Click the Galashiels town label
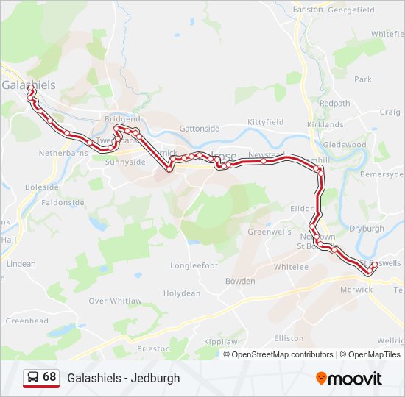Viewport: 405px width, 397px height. pos(29,85)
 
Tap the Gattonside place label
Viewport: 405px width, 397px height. pos(200,128)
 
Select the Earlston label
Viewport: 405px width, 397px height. pos(308,10)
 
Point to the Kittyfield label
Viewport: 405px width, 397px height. pos(266,122)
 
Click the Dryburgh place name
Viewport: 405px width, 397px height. pos(367,229)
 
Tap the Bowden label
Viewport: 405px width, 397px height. pos(240,281)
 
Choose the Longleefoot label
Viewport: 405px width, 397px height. pos(194,265)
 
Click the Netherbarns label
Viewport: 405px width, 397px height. pos(63,154)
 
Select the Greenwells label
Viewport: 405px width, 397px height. pos(270,232)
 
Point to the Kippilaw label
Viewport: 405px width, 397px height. pos(220,342)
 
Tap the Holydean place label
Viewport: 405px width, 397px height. pos(181,293)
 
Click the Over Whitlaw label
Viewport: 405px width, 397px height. pos(115,301)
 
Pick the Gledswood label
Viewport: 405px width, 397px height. pos(345,145)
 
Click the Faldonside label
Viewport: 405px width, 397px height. pos(63,202)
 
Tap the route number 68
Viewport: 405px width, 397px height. pos(49,377)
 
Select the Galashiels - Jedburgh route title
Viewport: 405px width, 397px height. pos(124,378)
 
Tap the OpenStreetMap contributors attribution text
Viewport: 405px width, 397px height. pos(282,354)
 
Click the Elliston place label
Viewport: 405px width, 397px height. pos(288,338)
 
